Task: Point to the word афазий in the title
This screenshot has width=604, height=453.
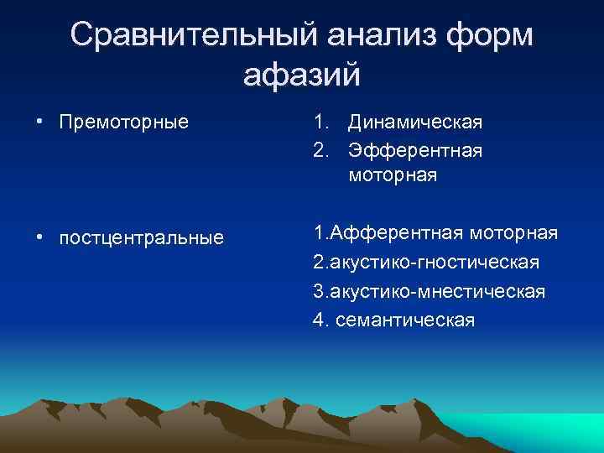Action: (x=301, y=75)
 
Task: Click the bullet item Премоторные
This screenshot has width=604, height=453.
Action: (x=124, y=123)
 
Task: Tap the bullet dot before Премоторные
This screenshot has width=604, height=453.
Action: (x=39, y=123)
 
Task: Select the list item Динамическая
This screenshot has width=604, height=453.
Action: (x=415, y=123)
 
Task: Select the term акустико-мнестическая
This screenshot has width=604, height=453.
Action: (x=438, y=291)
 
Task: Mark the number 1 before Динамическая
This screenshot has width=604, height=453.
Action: (x=319, y=123)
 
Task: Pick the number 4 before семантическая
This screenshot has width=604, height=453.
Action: (x=318, y=320)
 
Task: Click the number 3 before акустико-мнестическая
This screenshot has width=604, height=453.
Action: (x=318, y=291)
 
